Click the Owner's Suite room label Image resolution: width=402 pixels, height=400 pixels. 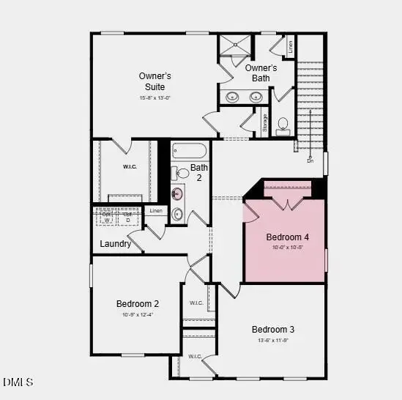[155, 81]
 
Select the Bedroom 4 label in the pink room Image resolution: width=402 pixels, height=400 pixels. [287, 237]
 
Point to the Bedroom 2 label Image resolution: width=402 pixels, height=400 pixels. [138, 303]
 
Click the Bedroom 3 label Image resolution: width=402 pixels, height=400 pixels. [273, 329]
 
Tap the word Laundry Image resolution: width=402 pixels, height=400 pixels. [115, 244]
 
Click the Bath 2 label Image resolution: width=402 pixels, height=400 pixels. [199, 172]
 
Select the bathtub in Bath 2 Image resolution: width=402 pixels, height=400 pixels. [189, 152]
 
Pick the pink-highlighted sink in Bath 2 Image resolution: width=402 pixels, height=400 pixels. [177, 194]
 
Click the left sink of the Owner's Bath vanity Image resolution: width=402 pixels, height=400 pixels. [232, 96]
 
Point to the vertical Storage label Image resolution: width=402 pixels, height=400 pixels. [265, 123]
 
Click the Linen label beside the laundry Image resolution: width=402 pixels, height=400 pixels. [155, 211]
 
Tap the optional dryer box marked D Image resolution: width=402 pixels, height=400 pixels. [127, 217]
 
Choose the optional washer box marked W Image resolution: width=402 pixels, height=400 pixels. [107, 217]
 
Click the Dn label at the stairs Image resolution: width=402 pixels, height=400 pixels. [310, 160]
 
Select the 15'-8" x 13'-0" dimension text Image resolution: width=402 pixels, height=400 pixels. [155, 98]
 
